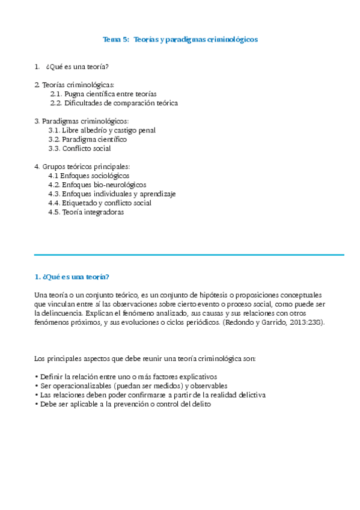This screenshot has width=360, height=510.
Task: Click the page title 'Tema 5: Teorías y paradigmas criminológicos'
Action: click(x=180, y=39)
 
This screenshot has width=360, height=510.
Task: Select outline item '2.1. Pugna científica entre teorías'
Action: click(x=103, y=94)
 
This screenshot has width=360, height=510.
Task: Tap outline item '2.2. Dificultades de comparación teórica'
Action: click(x=114, y=103)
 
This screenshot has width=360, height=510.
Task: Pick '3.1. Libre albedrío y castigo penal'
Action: click(x=102, y=130)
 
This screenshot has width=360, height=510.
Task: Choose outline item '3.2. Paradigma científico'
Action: click(x=87, y=139)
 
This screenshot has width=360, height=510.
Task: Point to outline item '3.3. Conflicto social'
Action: click(x=79, y=148)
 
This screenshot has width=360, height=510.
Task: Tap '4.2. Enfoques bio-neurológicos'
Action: click(x=97, y=185)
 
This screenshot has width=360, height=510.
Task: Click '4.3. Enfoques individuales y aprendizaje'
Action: click(x=112, y=194)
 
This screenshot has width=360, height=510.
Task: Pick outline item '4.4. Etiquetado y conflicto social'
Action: click(x=100, y=203)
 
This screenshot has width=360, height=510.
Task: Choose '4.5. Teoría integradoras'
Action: click(x=86, y=212)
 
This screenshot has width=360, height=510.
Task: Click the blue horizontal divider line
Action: click(x=189, y=255)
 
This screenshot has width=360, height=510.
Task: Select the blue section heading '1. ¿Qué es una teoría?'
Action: click(x=72, y=277)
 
